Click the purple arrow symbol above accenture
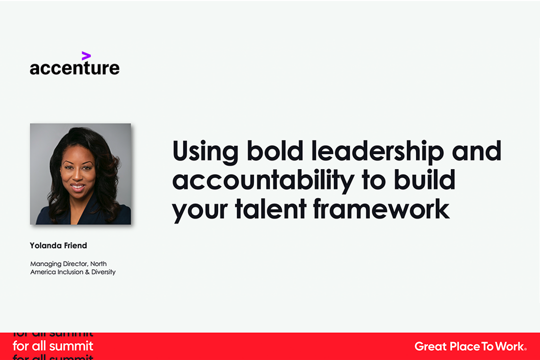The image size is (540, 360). click(x=86, y=56)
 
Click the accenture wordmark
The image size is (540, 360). click(x=74, y=67)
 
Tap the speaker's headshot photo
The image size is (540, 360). click(x=80, y=174)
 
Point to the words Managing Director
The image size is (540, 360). click(x=59, y=264)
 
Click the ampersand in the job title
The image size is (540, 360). click(x=87, y=272)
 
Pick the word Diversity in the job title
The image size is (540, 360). click(x=103, y=272)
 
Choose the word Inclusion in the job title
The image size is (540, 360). click(x=70, y=272)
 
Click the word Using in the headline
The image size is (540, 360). click(x=205, y=152)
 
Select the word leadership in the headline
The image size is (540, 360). click(x=377, y=151)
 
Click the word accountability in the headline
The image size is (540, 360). click(x=263, y=180)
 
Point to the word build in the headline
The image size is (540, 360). click(x=424, y=179)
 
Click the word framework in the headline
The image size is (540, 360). click(x=381, y=208)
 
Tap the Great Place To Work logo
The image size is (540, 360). click(x=470, y=346)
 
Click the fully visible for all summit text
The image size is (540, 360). click(x=53, y=346)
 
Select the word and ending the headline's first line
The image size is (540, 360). click(x=476, y=151)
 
